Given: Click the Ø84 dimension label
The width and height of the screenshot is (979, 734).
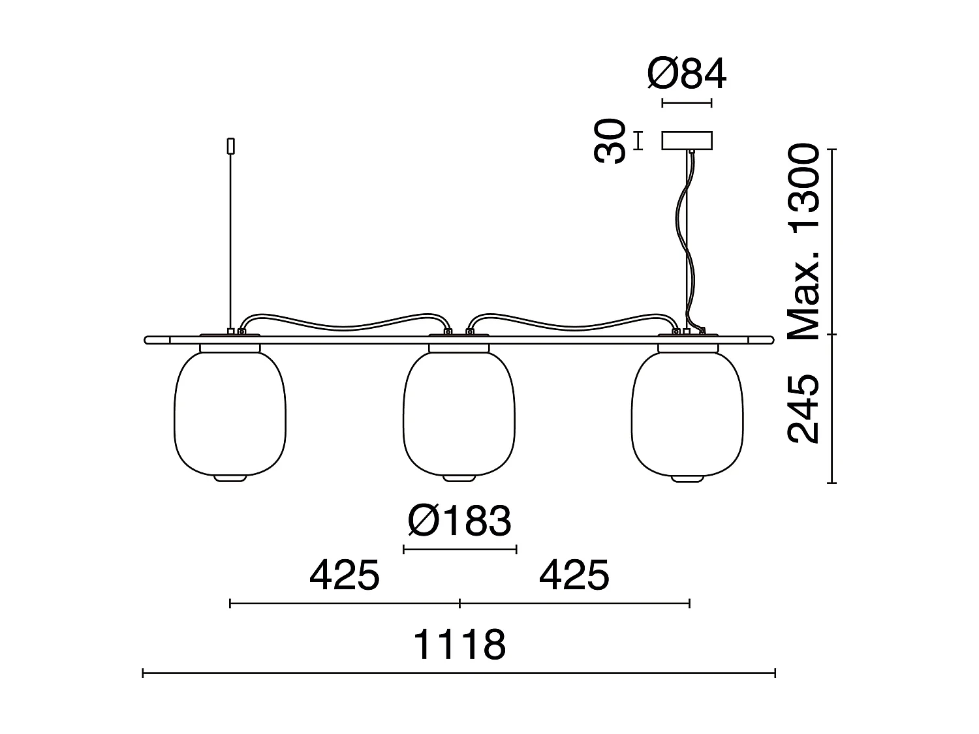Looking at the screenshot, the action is tap(687, 74).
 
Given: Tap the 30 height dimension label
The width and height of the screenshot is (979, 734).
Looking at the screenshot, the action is tap(610, 141).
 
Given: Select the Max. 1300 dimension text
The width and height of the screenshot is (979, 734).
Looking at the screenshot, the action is tap(804, 241).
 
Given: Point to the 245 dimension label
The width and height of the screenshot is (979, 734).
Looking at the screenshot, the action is tap(804, 409).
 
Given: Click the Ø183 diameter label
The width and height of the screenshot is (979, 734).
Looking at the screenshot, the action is tap(459, 521).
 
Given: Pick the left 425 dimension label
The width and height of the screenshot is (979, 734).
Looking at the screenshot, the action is tap(345, 575).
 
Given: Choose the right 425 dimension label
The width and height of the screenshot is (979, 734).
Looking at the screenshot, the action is tap(574, 575).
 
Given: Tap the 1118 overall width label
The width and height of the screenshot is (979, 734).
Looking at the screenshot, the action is tap(460, 645).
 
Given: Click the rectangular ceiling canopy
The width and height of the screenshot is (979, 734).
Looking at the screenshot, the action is tap(687, 140).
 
